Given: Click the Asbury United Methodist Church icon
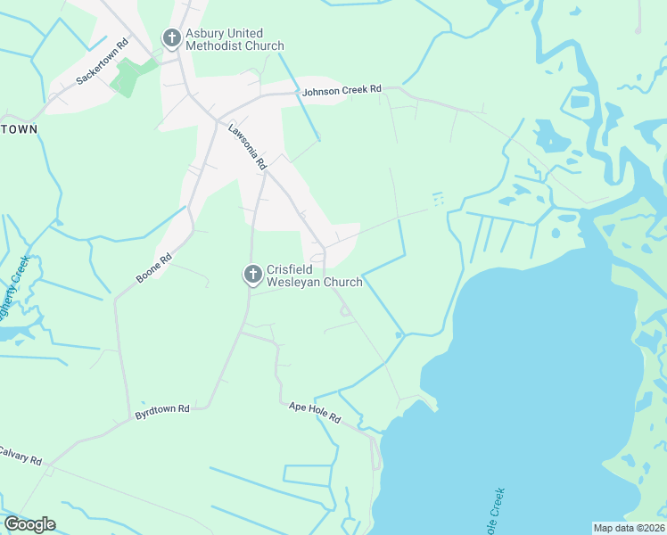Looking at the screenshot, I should tap(171, 38).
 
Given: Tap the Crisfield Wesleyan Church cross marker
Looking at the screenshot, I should tap(252, 275).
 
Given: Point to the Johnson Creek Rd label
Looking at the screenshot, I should tap(342, 90).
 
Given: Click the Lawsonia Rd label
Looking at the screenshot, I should tap(247, 147).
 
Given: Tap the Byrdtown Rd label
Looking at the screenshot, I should tap(162, 411).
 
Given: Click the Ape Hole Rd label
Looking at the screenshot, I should tap(315, 412).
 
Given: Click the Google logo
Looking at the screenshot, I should tap(29, 524).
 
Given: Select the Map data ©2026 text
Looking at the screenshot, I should tap(629, 528).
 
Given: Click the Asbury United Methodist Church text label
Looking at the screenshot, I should tap(235, 39).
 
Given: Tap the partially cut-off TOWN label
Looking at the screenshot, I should tap(19, 129).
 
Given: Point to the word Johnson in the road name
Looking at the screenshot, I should tap(322, 91).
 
